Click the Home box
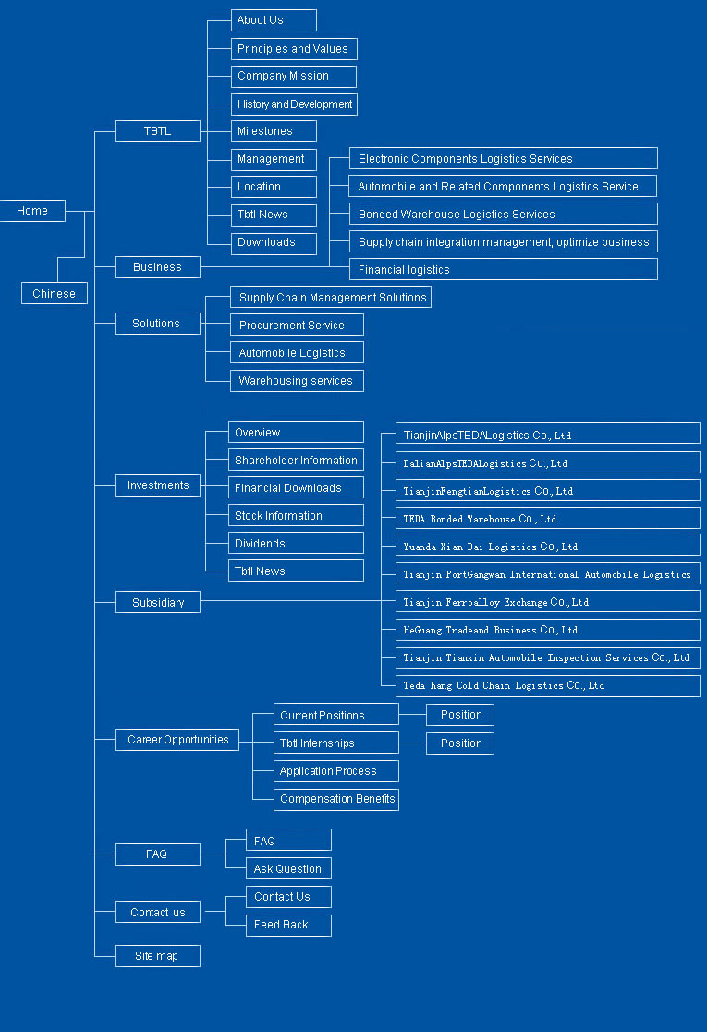[x=32, y=211]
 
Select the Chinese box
[x=55, y=294]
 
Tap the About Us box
[x=274, y=20]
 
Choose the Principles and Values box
[x=294, y=49]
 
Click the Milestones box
[x=274, y=131]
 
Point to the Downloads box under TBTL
[x=274, y=243]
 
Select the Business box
[x=157, y=267]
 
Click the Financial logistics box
[x=503, y=270]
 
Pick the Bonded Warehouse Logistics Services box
[x=503, y=215]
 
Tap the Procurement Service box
[x=297, y=326]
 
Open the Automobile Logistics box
[x=297, y=353]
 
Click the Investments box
[x=157, y=485]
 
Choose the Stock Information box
[x=296, y=516]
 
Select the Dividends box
[x=296, y=544]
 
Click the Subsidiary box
[x=157, y=603]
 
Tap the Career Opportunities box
[x=177, y=740]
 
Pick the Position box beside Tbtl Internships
[x=460, y=743]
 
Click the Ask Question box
[x=288, y=869]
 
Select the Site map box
[x=157, y=956]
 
